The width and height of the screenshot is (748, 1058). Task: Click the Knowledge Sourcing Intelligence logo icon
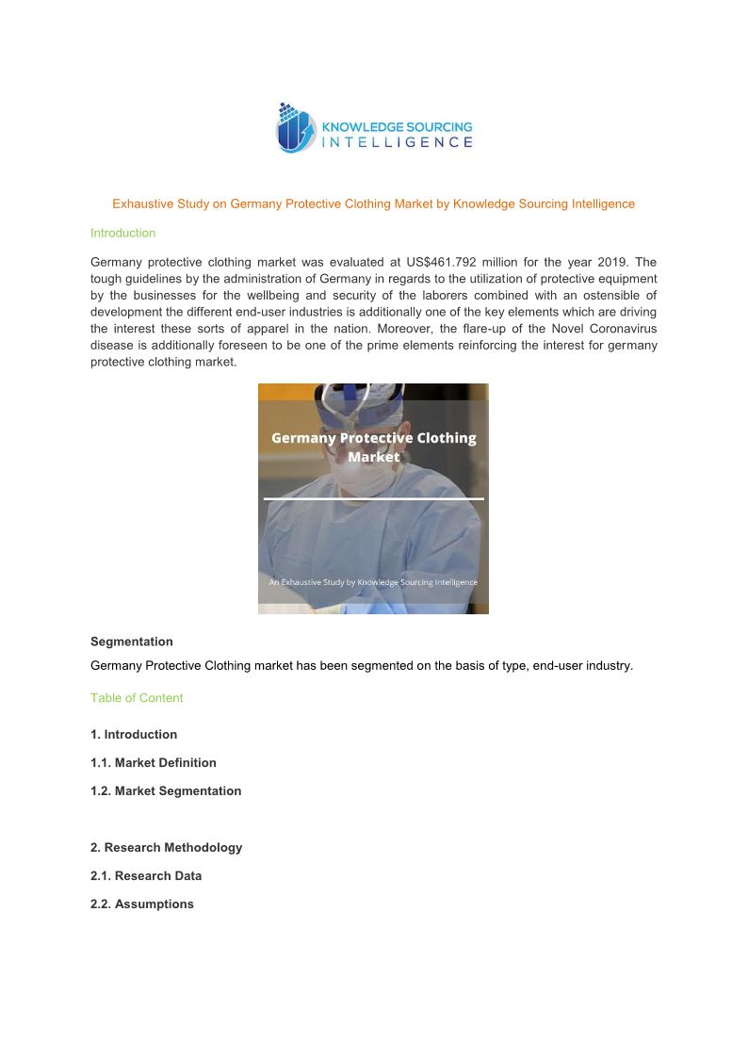click(x=294, y=128)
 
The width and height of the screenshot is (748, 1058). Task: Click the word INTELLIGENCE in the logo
click(x=397, y=142)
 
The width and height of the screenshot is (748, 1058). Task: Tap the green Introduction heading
click(x=122, y=233)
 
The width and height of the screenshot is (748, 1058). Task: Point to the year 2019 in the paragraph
click(x=608, y=262)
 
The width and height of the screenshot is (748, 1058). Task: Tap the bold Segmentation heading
click(x=131, y=642)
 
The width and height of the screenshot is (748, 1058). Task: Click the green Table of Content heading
click(x=137, y=698)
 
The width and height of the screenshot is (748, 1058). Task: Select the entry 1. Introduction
click(x=134, y=735)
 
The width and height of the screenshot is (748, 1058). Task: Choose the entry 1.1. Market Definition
click(x=154, y=763)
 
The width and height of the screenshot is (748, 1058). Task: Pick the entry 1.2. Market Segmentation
click(x=166, y=791)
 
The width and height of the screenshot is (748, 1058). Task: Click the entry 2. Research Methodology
click(x=166, y=848)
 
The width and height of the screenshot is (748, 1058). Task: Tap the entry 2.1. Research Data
click(x=146, y=876)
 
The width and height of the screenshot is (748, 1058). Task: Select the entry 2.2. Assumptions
click(x=142, y=904)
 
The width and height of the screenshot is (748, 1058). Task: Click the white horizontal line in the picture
click(x=373, y=498)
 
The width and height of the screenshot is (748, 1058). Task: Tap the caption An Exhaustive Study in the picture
click(x=373, y=582)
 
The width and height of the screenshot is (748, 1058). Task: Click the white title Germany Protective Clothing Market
click(x=373, y=448)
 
